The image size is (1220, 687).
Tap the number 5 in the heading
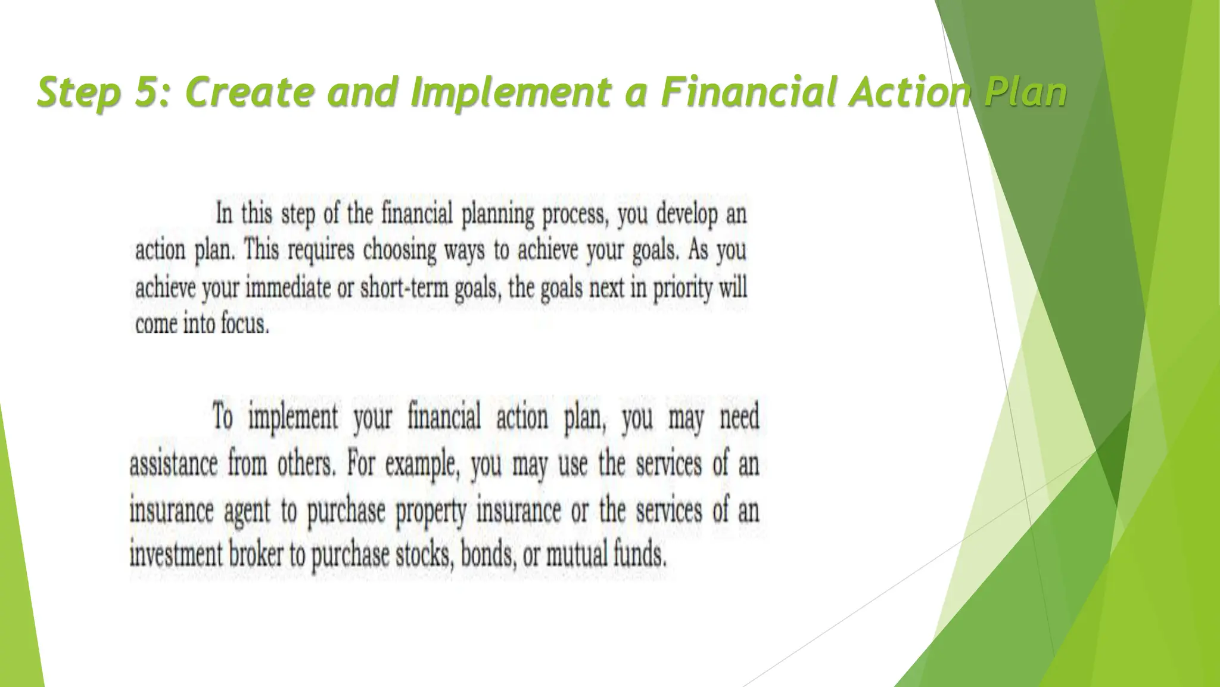[x=145, y=92]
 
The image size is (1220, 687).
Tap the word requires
[x=321, y=251]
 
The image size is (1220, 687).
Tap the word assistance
[x=173, y=464]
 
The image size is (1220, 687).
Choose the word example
[x=422, y=464]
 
